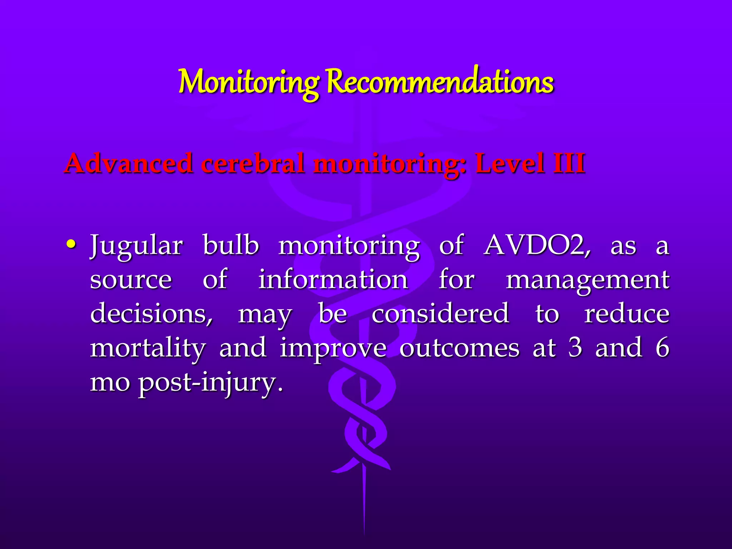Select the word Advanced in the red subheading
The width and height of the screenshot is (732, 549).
coord(129,163)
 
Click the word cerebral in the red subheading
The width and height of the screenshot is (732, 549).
coord(253,163)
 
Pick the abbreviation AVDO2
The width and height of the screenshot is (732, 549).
coord(536,246)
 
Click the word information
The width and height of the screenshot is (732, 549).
coord(333,280)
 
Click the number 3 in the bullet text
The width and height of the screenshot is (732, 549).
coord(575,347)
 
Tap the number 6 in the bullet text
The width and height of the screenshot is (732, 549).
coord(662,347)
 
